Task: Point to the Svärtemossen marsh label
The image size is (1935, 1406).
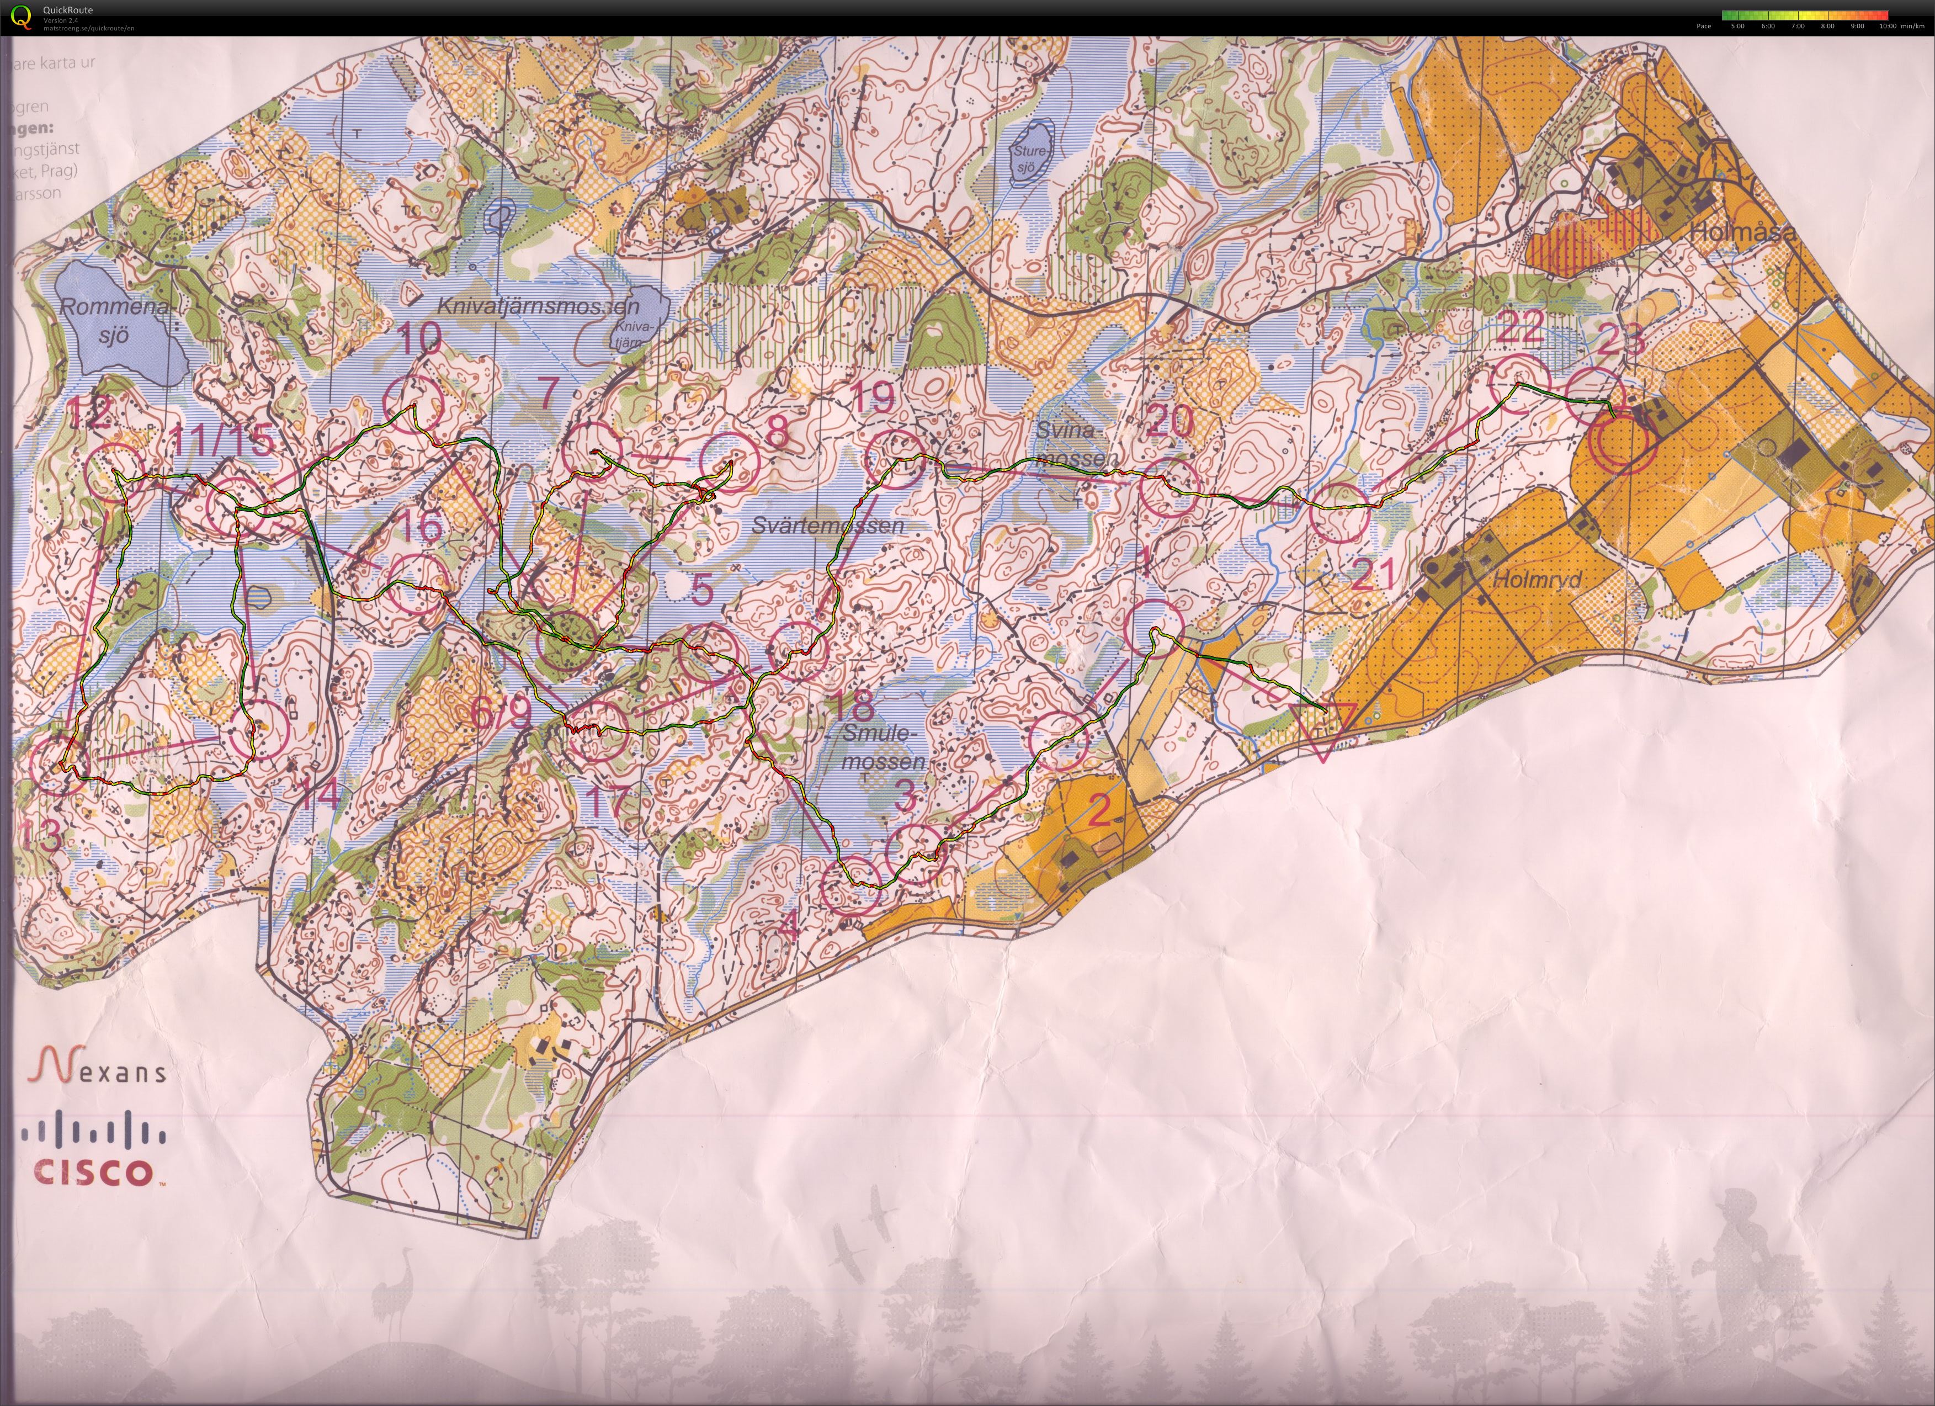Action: [x=827, y=526]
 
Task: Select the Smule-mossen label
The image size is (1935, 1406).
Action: [x=882, y=747]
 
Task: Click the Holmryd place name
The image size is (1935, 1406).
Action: [x=1537, y=579]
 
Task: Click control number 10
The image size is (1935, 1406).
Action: [x=419, y=339]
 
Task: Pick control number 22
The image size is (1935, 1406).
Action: [x=1519, y=327]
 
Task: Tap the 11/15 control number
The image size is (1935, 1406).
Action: [x=222, y=440]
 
